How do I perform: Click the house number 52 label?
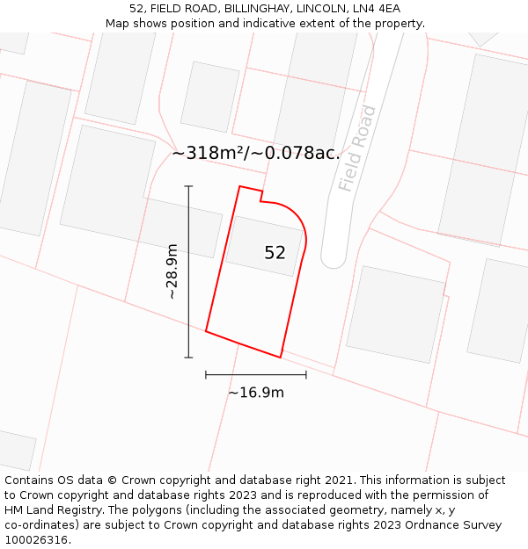click(275, 253)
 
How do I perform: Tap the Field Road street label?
click(357, 148)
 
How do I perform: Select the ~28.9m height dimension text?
click(172, 271)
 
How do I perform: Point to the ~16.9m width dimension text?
click(256, 393)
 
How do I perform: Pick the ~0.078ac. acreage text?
click(301, 153)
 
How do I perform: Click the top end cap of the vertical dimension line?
click(188, 186)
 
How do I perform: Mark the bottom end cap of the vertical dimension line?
click(188, 358)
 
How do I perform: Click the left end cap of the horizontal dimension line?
click(206, 375)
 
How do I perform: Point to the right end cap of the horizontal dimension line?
click(306, 375)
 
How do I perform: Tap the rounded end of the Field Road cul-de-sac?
click(334, 260)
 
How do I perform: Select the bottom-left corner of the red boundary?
click(206, 331)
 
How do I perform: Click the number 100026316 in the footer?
click(36, 540)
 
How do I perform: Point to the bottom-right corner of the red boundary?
click(281, 358)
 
